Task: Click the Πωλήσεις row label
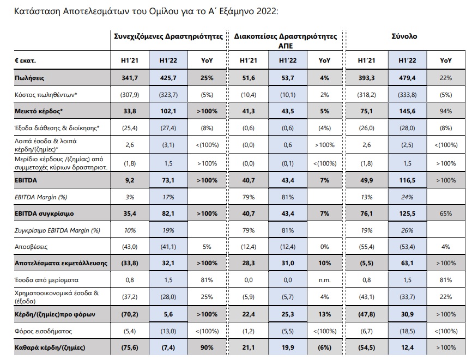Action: pyautogui.click(x=29, y=78)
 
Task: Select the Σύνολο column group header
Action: pyautogui.click(x=404, y=36)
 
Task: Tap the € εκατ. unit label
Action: pyautogui.click(x=25, y=60)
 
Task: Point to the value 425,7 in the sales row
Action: pyautogui.click(x=168, y=78)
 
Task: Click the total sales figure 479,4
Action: pyautogui.click(x=407, y=78)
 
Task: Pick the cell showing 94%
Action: pyautogui.click(x=446, y=111)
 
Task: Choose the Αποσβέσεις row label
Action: pyautogui.click(x=31, y=247)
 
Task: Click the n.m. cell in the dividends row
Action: pyautogui.click(x=324, y=280)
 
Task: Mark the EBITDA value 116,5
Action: pyautogui.click(x=407, y=180)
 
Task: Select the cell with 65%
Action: pyautogui.click(x=446, y=213)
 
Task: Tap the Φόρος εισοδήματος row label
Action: pyautogui.click(x=44, y=331)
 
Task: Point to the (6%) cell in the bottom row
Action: pyautogui.click(x=324, y=347)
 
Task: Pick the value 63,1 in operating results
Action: pyautogui.click(x=407, y=263)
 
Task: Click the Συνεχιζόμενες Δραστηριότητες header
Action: pyautogui.click(x=168, y=36)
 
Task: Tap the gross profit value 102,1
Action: pyautogui.click(x=168, y=111)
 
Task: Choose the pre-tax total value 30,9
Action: pyautogui.click(x=407, y=314)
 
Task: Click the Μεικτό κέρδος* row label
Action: pyautogui.click(x=39, y=111)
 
